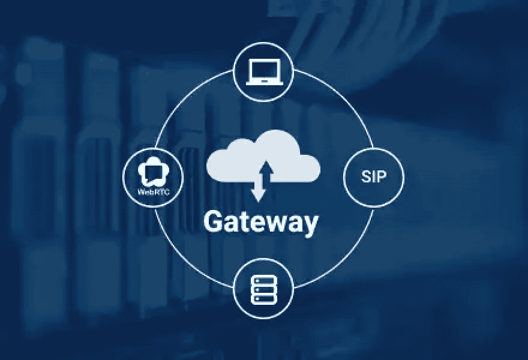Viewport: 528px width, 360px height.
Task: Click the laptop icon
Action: (263, 72)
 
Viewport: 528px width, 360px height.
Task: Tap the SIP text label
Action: (374, 176)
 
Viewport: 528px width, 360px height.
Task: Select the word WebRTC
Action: (154, 192)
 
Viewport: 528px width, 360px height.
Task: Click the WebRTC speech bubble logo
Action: (153, 171)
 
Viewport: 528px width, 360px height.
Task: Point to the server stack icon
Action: (263, 289)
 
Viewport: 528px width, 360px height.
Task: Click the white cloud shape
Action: (263, 155)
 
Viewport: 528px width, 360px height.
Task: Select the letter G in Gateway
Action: (213, 221)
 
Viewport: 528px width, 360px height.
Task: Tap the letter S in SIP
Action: (365, 176)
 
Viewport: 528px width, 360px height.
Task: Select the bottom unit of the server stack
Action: (263, 299)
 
